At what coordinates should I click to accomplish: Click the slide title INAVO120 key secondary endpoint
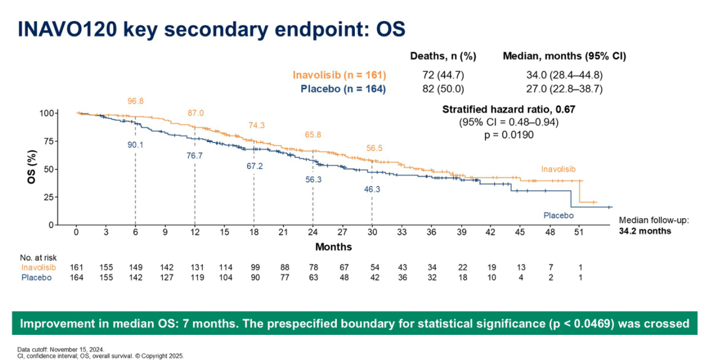211,30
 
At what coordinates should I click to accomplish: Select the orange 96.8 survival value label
135,101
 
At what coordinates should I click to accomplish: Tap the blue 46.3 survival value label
372,189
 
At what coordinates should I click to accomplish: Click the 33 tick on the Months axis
401,233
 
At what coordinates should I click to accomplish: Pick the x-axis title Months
334,246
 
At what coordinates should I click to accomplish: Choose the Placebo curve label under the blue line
558,215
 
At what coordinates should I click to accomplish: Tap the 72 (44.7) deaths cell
443,75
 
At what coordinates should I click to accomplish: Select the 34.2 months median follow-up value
645,231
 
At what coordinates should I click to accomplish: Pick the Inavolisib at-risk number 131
194,267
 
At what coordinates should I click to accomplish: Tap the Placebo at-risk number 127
165,277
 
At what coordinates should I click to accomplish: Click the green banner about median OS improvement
353,324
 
